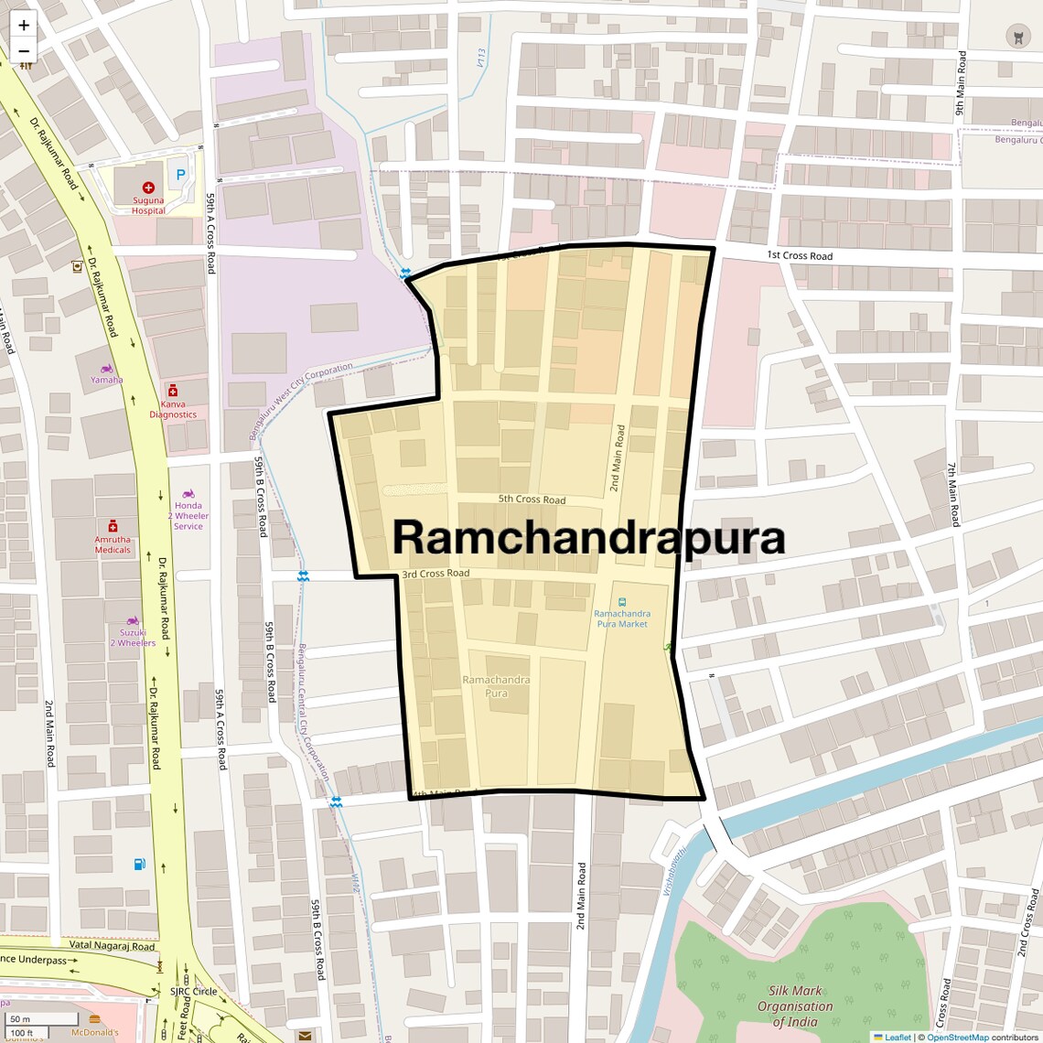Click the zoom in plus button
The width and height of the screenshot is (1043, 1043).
24,25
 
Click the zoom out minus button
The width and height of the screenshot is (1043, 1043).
24,51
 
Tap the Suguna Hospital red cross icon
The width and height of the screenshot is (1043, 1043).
148,187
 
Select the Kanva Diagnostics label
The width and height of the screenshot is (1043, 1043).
173,409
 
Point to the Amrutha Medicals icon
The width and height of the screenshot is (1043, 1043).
113,526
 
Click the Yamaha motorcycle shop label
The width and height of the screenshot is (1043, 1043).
106,380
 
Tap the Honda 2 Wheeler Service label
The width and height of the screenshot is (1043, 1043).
188,515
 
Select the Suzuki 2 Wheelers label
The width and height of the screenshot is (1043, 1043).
133,638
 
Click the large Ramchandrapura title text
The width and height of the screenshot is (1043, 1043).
588,538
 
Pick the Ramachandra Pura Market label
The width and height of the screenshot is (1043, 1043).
622,618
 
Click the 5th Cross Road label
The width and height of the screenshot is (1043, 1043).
532,500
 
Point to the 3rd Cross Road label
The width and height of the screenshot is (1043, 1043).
435,574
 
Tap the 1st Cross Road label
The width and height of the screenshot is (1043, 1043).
800,255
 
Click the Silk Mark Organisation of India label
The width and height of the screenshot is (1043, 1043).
794,1005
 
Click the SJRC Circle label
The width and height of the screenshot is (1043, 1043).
193,991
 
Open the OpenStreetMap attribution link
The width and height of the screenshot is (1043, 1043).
957,1037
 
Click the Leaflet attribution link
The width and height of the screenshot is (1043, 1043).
898,1037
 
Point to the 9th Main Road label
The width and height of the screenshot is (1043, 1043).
961,82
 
